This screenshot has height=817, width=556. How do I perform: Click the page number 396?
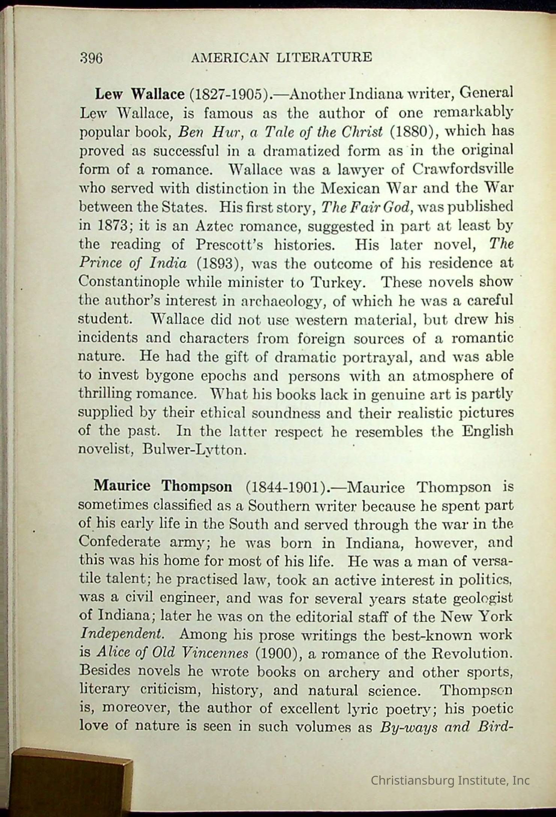tap(91, 59)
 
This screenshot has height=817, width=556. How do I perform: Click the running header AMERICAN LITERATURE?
tap(282, 57)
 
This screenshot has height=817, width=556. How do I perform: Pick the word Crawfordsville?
tap(463, 169)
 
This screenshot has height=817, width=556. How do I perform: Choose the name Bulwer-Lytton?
tap(194, 449)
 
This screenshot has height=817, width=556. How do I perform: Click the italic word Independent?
tap(122, 635)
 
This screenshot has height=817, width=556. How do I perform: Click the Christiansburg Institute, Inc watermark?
tap(450, 781)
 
